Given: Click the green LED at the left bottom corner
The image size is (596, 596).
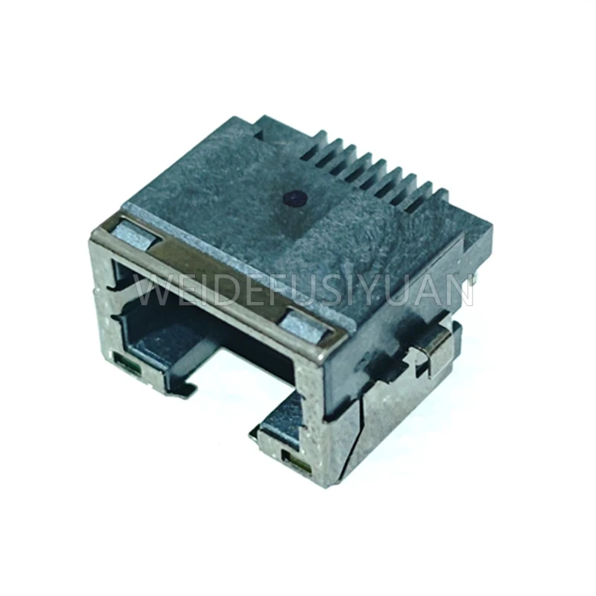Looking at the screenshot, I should pos(128,364).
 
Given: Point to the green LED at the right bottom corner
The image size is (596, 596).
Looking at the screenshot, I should pos(296,463).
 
